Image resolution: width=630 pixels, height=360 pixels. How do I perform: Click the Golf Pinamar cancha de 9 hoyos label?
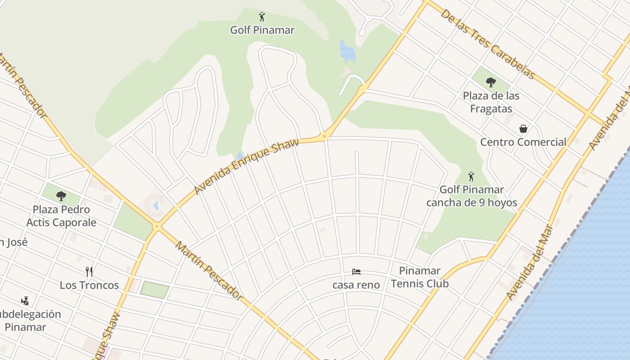(472, 196)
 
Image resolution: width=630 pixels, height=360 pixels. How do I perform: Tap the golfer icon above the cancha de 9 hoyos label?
(471, 176)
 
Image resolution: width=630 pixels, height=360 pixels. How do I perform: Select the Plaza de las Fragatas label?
(491, 102)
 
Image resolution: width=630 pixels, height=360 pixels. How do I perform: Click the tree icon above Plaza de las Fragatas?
(491, 82)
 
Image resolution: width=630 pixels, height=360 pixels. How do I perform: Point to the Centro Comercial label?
(523, 142)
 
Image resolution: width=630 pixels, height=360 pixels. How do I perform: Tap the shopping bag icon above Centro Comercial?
(523, 129)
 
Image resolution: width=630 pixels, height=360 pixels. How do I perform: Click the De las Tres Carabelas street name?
(488, 44)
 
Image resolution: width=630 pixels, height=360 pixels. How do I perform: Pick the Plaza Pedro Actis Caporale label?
(61, 216)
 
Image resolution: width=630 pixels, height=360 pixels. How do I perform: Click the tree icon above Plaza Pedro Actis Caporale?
(61, 196)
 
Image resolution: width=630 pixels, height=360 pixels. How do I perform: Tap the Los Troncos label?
(89, 285)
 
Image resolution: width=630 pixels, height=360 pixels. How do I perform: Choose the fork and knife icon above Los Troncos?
(89, 271)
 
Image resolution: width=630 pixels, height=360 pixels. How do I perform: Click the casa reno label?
(356, 285)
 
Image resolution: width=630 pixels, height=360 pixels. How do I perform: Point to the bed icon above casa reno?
(356, 271)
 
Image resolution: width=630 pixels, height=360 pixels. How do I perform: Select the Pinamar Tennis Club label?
(419, 277)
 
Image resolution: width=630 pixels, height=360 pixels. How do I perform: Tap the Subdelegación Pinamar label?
(27, 320)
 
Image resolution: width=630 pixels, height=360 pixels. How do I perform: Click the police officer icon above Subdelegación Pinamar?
(25, 301)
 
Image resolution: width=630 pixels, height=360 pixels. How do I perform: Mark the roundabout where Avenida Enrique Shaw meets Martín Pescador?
(157, 226)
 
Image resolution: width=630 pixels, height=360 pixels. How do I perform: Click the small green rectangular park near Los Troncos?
(155, 289)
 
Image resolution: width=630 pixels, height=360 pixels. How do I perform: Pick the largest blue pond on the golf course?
(347, 51)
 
